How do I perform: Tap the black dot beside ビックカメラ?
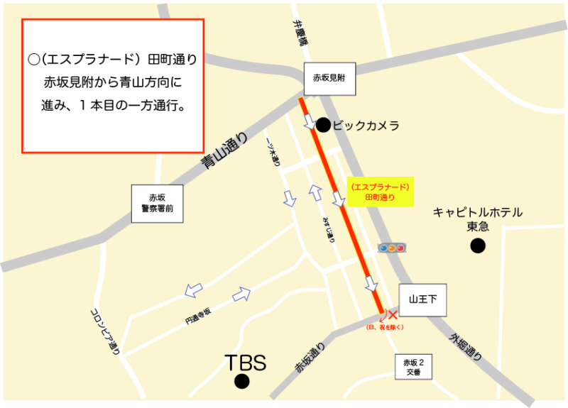323,126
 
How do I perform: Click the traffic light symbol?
391,248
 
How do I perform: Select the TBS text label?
245,363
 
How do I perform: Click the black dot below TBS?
242,382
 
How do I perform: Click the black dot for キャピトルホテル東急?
478,246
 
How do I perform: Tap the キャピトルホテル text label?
477,212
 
